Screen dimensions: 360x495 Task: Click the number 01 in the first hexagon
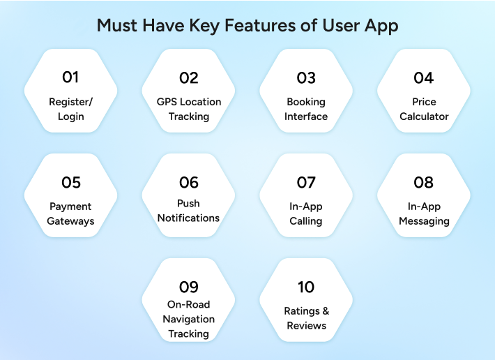point(70,77)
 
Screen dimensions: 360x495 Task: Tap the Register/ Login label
point(70,109)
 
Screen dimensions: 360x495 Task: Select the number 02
point(188,77)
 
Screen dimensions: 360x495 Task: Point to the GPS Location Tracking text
point(188,109)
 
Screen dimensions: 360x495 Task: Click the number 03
point(306,77)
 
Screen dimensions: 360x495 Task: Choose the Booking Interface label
point(306,109)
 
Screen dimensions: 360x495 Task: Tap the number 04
point(424,77)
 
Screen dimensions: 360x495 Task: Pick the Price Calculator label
point(424,109)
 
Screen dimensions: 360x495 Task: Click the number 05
point(70,183)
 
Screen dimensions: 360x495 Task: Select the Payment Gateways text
point(70,213)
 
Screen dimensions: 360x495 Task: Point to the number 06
point(188,183)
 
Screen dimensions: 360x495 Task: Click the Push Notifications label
point(188,211)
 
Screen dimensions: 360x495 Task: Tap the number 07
point(306,183)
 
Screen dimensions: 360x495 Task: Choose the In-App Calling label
point(306,213)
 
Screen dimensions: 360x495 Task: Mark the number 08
point(424,183)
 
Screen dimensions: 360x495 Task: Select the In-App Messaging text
point(424,213)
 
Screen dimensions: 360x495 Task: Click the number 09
point(188,287)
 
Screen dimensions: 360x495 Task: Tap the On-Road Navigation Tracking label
point(188,319)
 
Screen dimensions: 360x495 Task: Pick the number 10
point(306,287)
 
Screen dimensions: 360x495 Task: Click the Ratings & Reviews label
point(306,318)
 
